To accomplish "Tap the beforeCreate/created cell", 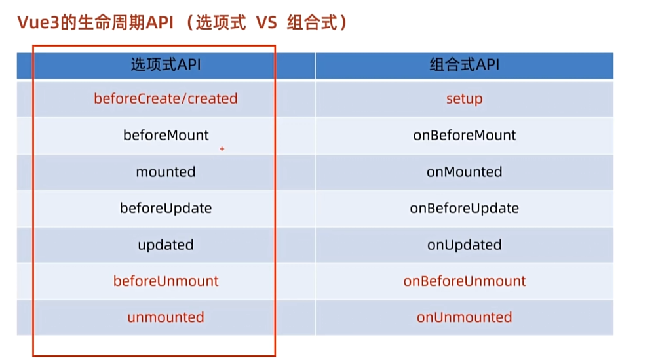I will pos(166,98).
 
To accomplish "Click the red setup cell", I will pos(464,99).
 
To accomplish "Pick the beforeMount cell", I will pos(166,135).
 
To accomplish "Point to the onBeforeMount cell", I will pos(464,135).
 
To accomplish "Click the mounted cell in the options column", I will pos(166,172).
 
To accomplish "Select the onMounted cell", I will pos(464,172).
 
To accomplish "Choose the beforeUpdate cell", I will pos(166,208).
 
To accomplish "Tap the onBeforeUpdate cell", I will pos(464,208).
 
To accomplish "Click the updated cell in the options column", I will pos(166,245).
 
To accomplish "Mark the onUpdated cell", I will pos(464,245).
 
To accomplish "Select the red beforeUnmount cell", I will pos(166,281).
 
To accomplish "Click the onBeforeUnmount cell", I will pos(464,281).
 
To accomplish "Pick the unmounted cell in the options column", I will pos(166,317).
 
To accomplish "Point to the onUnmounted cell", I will pos(464,317).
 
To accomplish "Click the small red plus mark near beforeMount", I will pos(222,150).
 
